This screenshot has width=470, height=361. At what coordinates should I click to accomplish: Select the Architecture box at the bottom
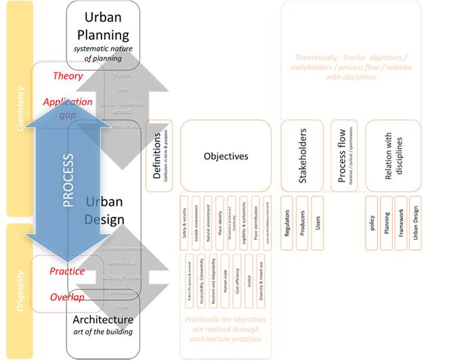(103, 324)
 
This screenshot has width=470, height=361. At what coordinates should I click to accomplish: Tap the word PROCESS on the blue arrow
(68, 180)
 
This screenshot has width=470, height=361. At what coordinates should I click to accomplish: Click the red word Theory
(68, 76)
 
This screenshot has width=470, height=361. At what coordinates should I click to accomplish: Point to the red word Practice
(67, 271)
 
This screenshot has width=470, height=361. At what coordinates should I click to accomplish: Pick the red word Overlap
(67, 297)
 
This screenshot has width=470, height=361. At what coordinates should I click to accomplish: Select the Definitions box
(158, 155)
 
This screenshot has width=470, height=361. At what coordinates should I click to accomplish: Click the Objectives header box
(226, 155)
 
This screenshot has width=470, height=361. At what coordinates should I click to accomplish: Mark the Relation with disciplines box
(393, 155)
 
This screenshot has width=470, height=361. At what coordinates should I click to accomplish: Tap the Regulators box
(287, 222)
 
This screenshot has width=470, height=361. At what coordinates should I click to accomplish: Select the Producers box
(302, 222)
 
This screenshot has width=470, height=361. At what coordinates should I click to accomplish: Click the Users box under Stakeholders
(317, 222)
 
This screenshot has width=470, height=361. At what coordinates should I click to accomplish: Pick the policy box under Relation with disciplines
(372, 222)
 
